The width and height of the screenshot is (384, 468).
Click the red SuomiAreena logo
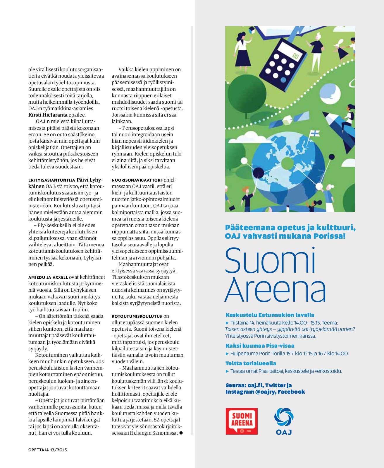pyautogui.click(x=242, y=421)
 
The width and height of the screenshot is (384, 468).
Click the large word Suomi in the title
pyautogui.click(x=271, y=260)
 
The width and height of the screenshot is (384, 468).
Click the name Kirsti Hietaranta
pyautogui.click(x=48, y=115)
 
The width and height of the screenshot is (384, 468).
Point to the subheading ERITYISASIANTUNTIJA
pyautogui.click(x=52, y=180)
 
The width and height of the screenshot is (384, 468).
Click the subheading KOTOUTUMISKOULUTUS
pyautogui.click(x=137, y=316)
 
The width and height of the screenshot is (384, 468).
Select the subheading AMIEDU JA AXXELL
pyautogui.click(x=48, y=277)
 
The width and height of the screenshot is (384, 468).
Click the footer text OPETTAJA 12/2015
pyautogui.click(x=48, y=450)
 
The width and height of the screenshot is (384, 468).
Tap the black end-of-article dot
pyautogui.click(x=181, y=433)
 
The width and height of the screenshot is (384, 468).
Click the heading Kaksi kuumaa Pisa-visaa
pyautogui.click(x=260, y=346)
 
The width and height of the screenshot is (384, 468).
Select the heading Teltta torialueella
pyautogui.click(x=251, y=363)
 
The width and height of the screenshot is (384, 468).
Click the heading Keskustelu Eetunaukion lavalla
pyautogui.click(x=270, y=315)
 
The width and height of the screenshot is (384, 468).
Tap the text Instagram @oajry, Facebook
pyautogui.click(x=265, y=392)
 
